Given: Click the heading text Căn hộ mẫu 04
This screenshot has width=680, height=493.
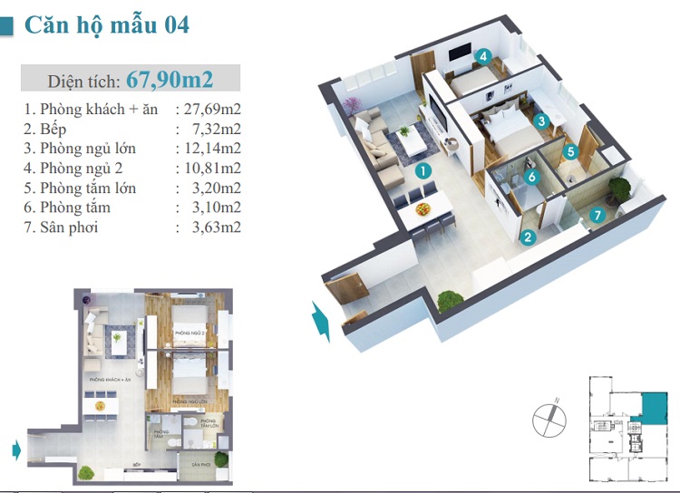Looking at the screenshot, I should [107, 24].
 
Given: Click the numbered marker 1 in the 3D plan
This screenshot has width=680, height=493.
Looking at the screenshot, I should [422, 169].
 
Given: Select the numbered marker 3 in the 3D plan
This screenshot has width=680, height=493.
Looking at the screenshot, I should [541, 121].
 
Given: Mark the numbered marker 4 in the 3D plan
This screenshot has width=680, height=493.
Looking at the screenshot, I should [484, 56].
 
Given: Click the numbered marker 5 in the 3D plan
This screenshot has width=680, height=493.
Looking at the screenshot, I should [570, 152].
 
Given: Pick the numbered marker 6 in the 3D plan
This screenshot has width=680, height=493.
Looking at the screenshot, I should [532, 178].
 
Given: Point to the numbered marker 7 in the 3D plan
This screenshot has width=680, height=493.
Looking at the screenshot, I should [596, 215].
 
